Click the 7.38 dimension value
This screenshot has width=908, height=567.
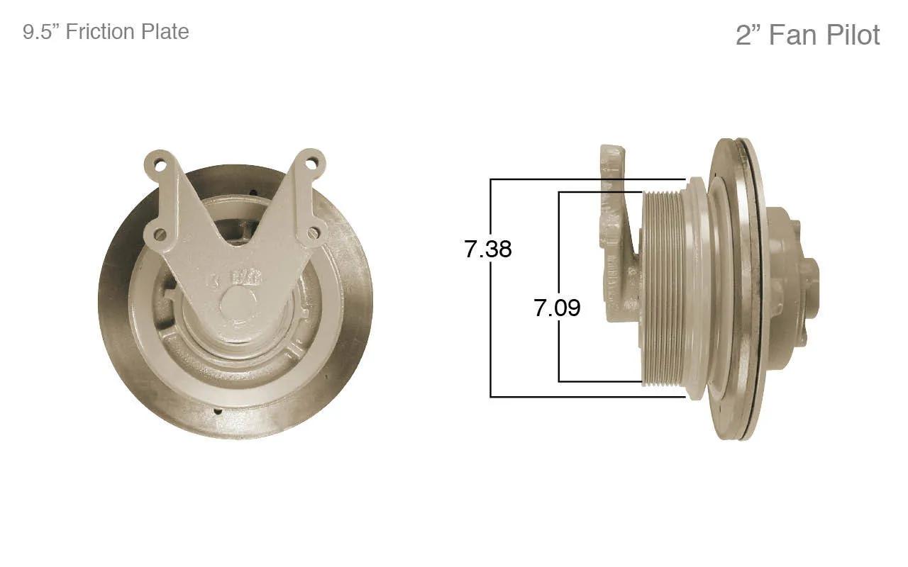click(487, 249)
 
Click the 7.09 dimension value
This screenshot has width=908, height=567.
click(557, 308)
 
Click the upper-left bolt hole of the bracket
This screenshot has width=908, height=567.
click(160, 166)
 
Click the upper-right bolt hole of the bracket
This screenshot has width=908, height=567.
click(311, 164)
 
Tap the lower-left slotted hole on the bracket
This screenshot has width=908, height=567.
click(160, 234)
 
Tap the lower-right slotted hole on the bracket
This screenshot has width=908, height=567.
click(313, 233)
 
